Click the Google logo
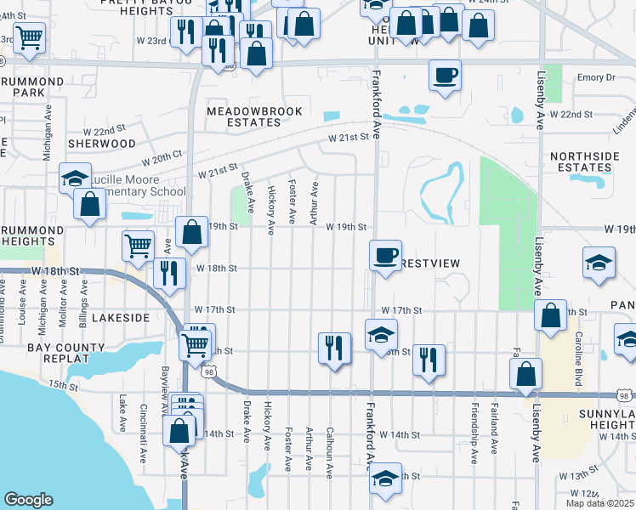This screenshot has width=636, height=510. pyautogui.click(x=29, y=500)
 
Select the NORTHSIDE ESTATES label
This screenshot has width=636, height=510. pyautogui.click(x=581, y=161)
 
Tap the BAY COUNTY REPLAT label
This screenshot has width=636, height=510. pyautogui.click(x=58, y=353)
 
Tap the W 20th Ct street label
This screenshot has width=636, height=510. pyautogui.click(x=162, y=159)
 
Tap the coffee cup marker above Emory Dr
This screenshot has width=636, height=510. pyautogui.click(x=445, y=76)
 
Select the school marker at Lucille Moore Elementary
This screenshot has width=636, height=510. pyautogui.click(x=75, y=178)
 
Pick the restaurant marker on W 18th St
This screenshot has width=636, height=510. pyautogui.click(x=168, y=272)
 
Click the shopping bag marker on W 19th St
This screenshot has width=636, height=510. pyautogui.click(x=192, y=231)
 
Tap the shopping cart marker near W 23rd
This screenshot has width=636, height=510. pyautogui.click(x=29, y=37)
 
